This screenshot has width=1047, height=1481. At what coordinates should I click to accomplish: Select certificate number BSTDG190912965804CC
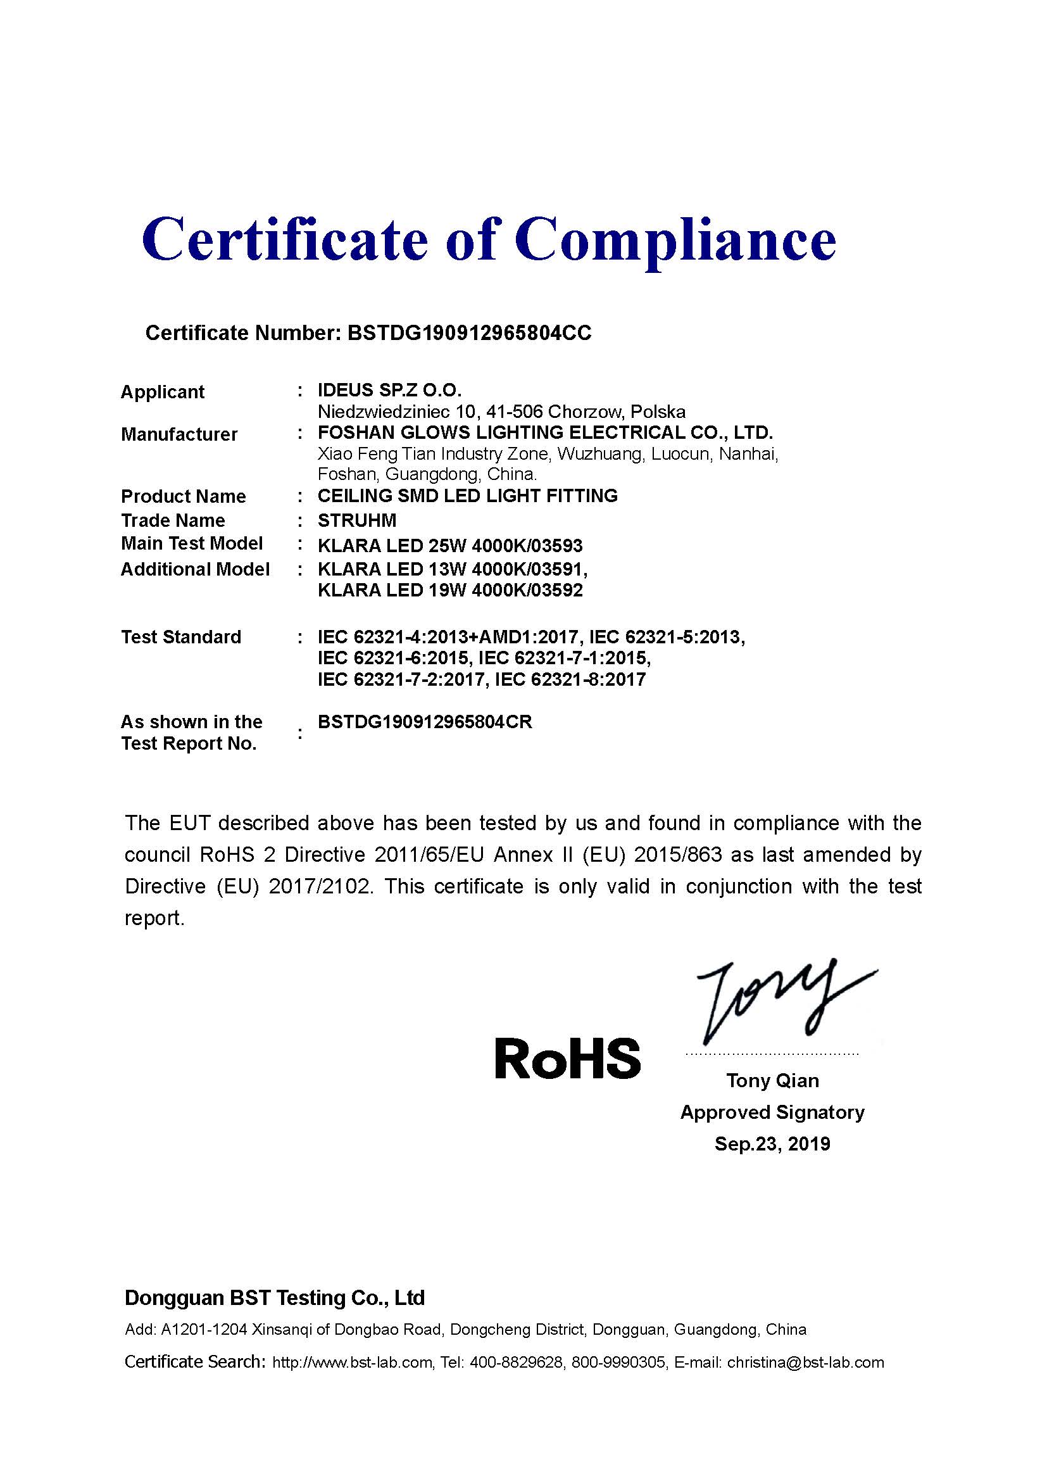(x=468, y=333)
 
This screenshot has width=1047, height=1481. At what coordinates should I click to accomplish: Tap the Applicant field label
(x=163, y=392)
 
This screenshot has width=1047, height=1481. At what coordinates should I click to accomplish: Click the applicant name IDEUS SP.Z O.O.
(x=389, y=390)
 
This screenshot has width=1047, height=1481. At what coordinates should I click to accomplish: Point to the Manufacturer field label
(x=179, y=435)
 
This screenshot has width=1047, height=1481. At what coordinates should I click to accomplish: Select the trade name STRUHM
(x=356, y=520)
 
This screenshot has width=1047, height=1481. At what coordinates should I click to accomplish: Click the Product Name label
(x=183, y=496)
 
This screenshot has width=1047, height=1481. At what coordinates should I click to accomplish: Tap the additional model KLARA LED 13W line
(x=452, y=570)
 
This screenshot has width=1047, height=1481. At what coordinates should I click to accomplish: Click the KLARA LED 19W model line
(x=450, y=591)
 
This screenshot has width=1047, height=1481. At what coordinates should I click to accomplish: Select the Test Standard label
(x=181, y=638)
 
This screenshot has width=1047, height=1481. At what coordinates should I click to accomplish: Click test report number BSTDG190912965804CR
(x=425, y=722)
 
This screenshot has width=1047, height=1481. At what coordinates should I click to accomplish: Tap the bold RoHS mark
(x=567, y=1059)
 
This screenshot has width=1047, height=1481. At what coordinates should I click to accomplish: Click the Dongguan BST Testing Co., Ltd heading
(x=275, y=1298)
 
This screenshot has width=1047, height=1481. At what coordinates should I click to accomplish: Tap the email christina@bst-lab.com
(x=805, y=1363)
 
